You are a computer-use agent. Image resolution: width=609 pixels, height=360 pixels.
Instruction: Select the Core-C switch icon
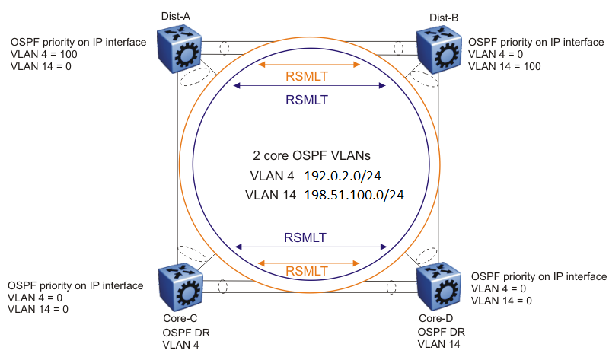(180, 285)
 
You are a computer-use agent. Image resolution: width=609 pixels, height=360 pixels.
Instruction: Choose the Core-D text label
(435, 317)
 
